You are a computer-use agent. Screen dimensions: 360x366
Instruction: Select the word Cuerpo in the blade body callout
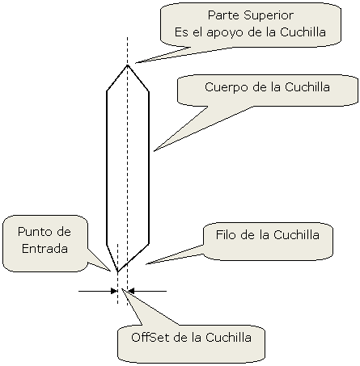(x=226, y=88)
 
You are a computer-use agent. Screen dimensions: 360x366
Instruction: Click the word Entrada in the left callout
(x=44, y=248)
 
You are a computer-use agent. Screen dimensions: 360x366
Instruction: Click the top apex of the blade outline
(x=127, y=65)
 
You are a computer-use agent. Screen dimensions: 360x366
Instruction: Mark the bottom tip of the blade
(x=117, y=271)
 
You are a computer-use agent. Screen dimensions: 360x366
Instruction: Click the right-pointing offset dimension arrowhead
(x=114, y=291)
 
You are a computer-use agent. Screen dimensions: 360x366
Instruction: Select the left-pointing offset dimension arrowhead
(x=131, y=291)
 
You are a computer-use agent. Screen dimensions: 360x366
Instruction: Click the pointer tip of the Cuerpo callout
(x=154, y=151)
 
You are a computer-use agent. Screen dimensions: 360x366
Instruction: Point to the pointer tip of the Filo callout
(x=146, y=264)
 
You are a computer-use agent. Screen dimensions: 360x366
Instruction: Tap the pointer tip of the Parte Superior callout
(x=136, y=63)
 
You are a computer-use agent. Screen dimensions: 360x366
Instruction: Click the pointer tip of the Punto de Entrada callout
(x=110, y=271)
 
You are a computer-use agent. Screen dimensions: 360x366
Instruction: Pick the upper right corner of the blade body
(x=149, y=91)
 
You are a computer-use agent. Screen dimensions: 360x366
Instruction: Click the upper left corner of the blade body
(x=107, y=91)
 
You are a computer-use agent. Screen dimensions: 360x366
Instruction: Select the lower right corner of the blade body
(x=149, y=244)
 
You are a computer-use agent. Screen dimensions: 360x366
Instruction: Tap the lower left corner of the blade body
(x=107, y=245)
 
